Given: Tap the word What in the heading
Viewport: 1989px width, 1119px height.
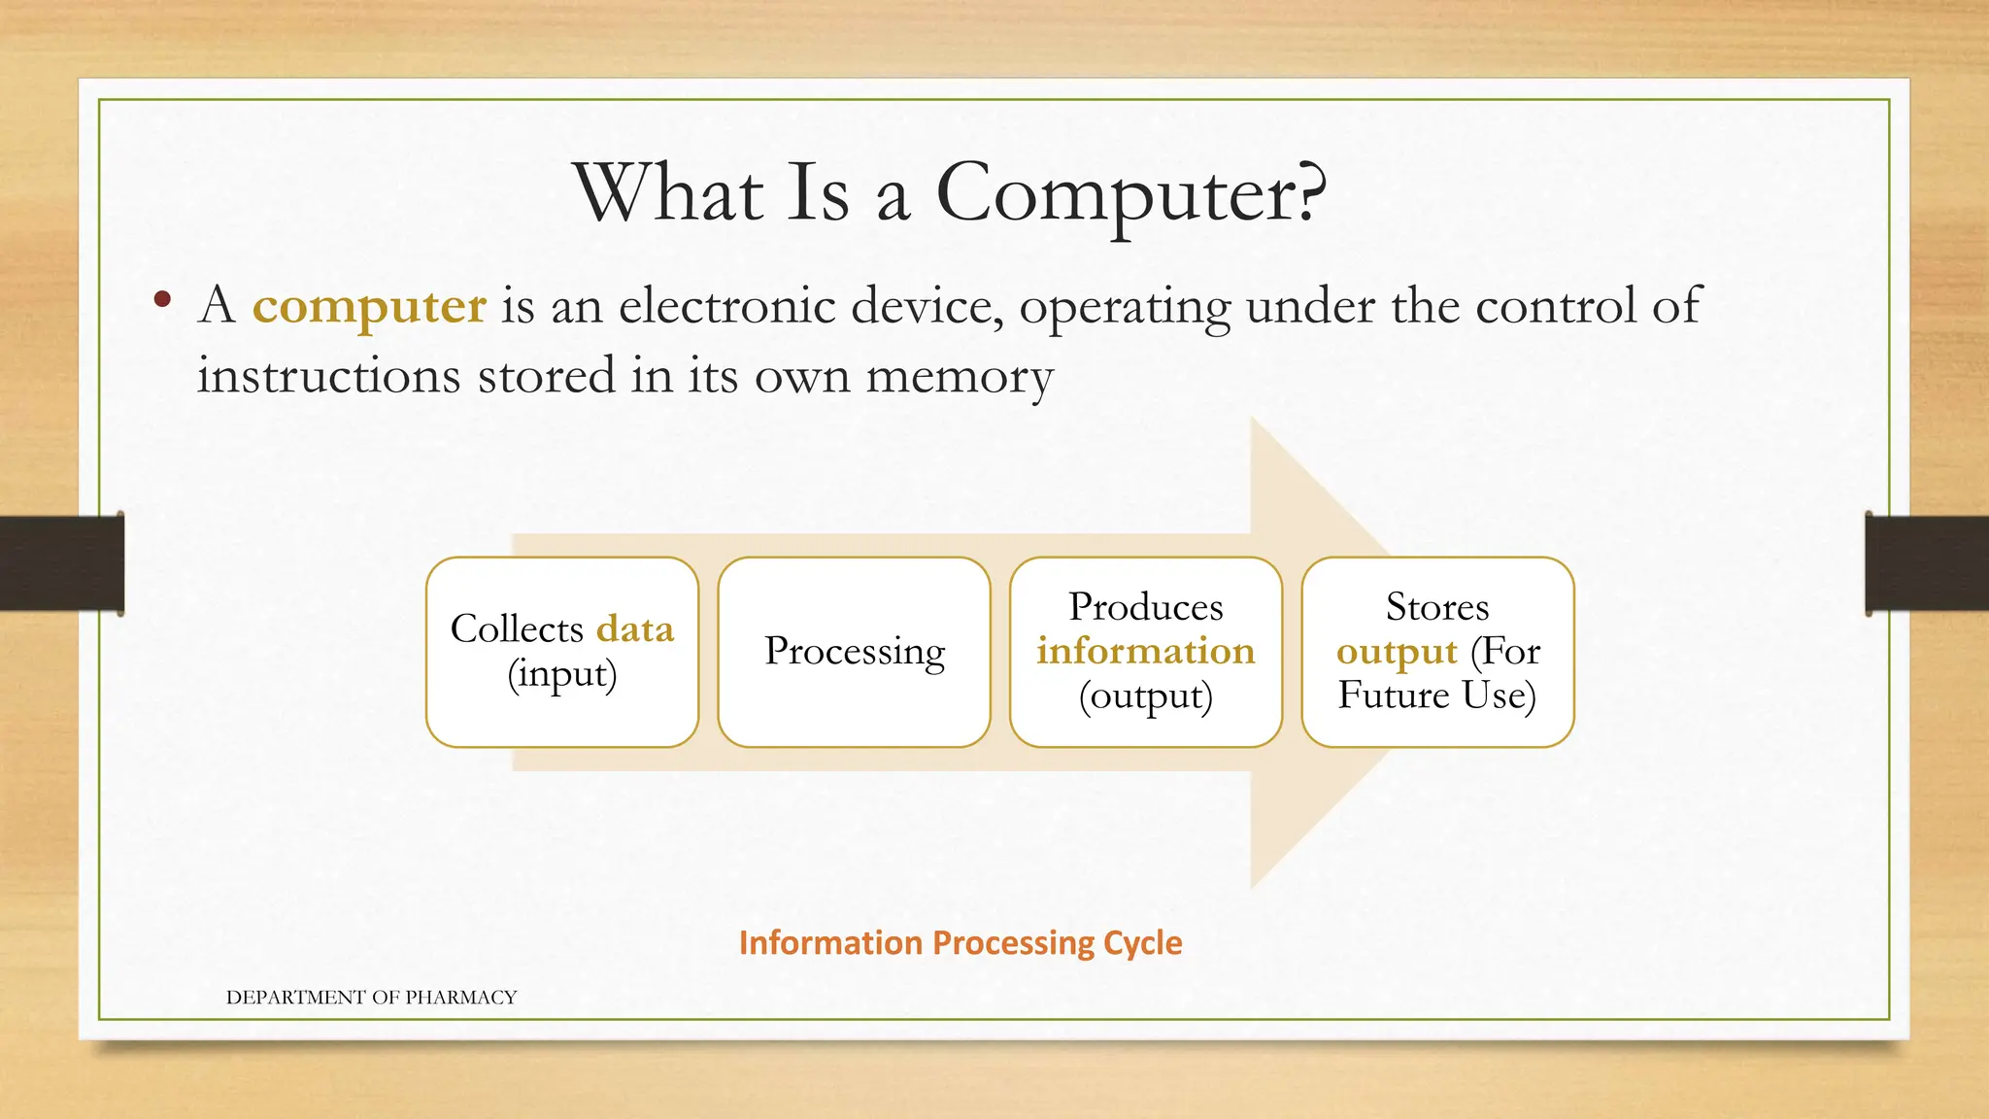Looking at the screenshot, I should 668,192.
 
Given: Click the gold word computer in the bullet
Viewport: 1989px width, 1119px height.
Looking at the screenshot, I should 369,306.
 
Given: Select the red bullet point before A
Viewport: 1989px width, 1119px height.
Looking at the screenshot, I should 162,299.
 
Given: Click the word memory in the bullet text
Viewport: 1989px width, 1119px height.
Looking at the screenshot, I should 959,377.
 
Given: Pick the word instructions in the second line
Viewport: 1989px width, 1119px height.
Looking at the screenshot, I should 328,376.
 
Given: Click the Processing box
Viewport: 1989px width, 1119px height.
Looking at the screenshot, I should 855,652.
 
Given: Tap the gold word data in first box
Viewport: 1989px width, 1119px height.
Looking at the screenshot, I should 635,629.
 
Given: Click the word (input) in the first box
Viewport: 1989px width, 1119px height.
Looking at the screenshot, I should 562,674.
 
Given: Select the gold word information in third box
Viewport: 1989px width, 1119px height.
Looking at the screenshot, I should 1146,652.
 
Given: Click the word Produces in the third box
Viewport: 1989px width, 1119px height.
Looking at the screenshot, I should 1146,607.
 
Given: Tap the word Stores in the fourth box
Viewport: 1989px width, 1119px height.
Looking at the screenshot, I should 1437,607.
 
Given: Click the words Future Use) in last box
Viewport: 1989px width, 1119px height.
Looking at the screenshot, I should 1437,695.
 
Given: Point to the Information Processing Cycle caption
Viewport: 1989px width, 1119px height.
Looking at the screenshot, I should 960,943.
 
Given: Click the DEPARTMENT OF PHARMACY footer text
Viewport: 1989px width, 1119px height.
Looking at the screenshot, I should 371,998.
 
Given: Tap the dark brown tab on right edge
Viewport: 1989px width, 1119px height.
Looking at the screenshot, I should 1927,563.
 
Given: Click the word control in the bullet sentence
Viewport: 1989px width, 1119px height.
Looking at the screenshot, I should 1556,306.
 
